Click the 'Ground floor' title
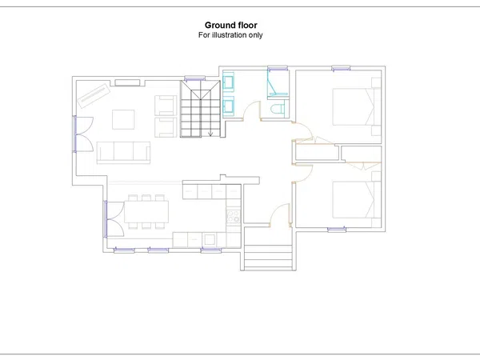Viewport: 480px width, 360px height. (x=231, y=25)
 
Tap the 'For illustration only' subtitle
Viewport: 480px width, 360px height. (x=230, y=35)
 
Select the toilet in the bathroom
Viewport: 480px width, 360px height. (x=278, y=110)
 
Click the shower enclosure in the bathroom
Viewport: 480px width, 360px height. (x=278, y=83)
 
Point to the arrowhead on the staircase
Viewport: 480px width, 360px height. (x=210, y=134)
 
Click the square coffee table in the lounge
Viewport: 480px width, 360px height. (x=123, y=119)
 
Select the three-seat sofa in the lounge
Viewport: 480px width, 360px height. (x=123, y=153)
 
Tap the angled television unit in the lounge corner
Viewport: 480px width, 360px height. (x=94, y=96)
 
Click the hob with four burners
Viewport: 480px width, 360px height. (x=234, y=216)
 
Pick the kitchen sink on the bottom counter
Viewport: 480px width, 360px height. (x=210, y=239)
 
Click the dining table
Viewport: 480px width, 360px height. (x=146, y=211)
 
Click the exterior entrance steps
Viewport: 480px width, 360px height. (x=268, y=257)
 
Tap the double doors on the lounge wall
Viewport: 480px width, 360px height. (x=83, y=134)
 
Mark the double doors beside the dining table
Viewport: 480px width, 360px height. (x=114, y=218)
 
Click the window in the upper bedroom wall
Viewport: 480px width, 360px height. (x=341, y=68)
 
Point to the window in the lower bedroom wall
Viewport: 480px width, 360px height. (x=337, y=230)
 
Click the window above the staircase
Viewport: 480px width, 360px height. (x=194, y=78)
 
